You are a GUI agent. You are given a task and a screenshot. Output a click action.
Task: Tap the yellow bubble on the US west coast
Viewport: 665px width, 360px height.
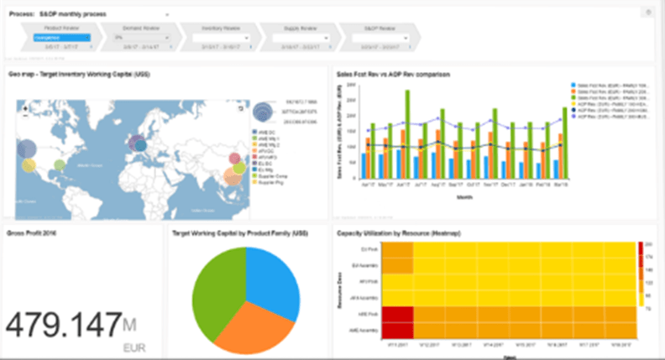pyautogui.click(x=29, y=165)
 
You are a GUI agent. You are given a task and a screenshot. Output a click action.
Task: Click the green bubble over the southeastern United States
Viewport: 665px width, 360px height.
pyautogui.click(x=60, y=164)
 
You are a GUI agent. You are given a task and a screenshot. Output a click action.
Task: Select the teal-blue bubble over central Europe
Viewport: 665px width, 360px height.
pyautogui.click(x=140, y=144)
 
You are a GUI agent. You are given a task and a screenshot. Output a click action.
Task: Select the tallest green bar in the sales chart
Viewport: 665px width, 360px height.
pyautogui.click(x=407, y=134)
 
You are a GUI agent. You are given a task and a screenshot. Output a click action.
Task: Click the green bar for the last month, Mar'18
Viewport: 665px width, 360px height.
pyautogui.click(x=564, y=143)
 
